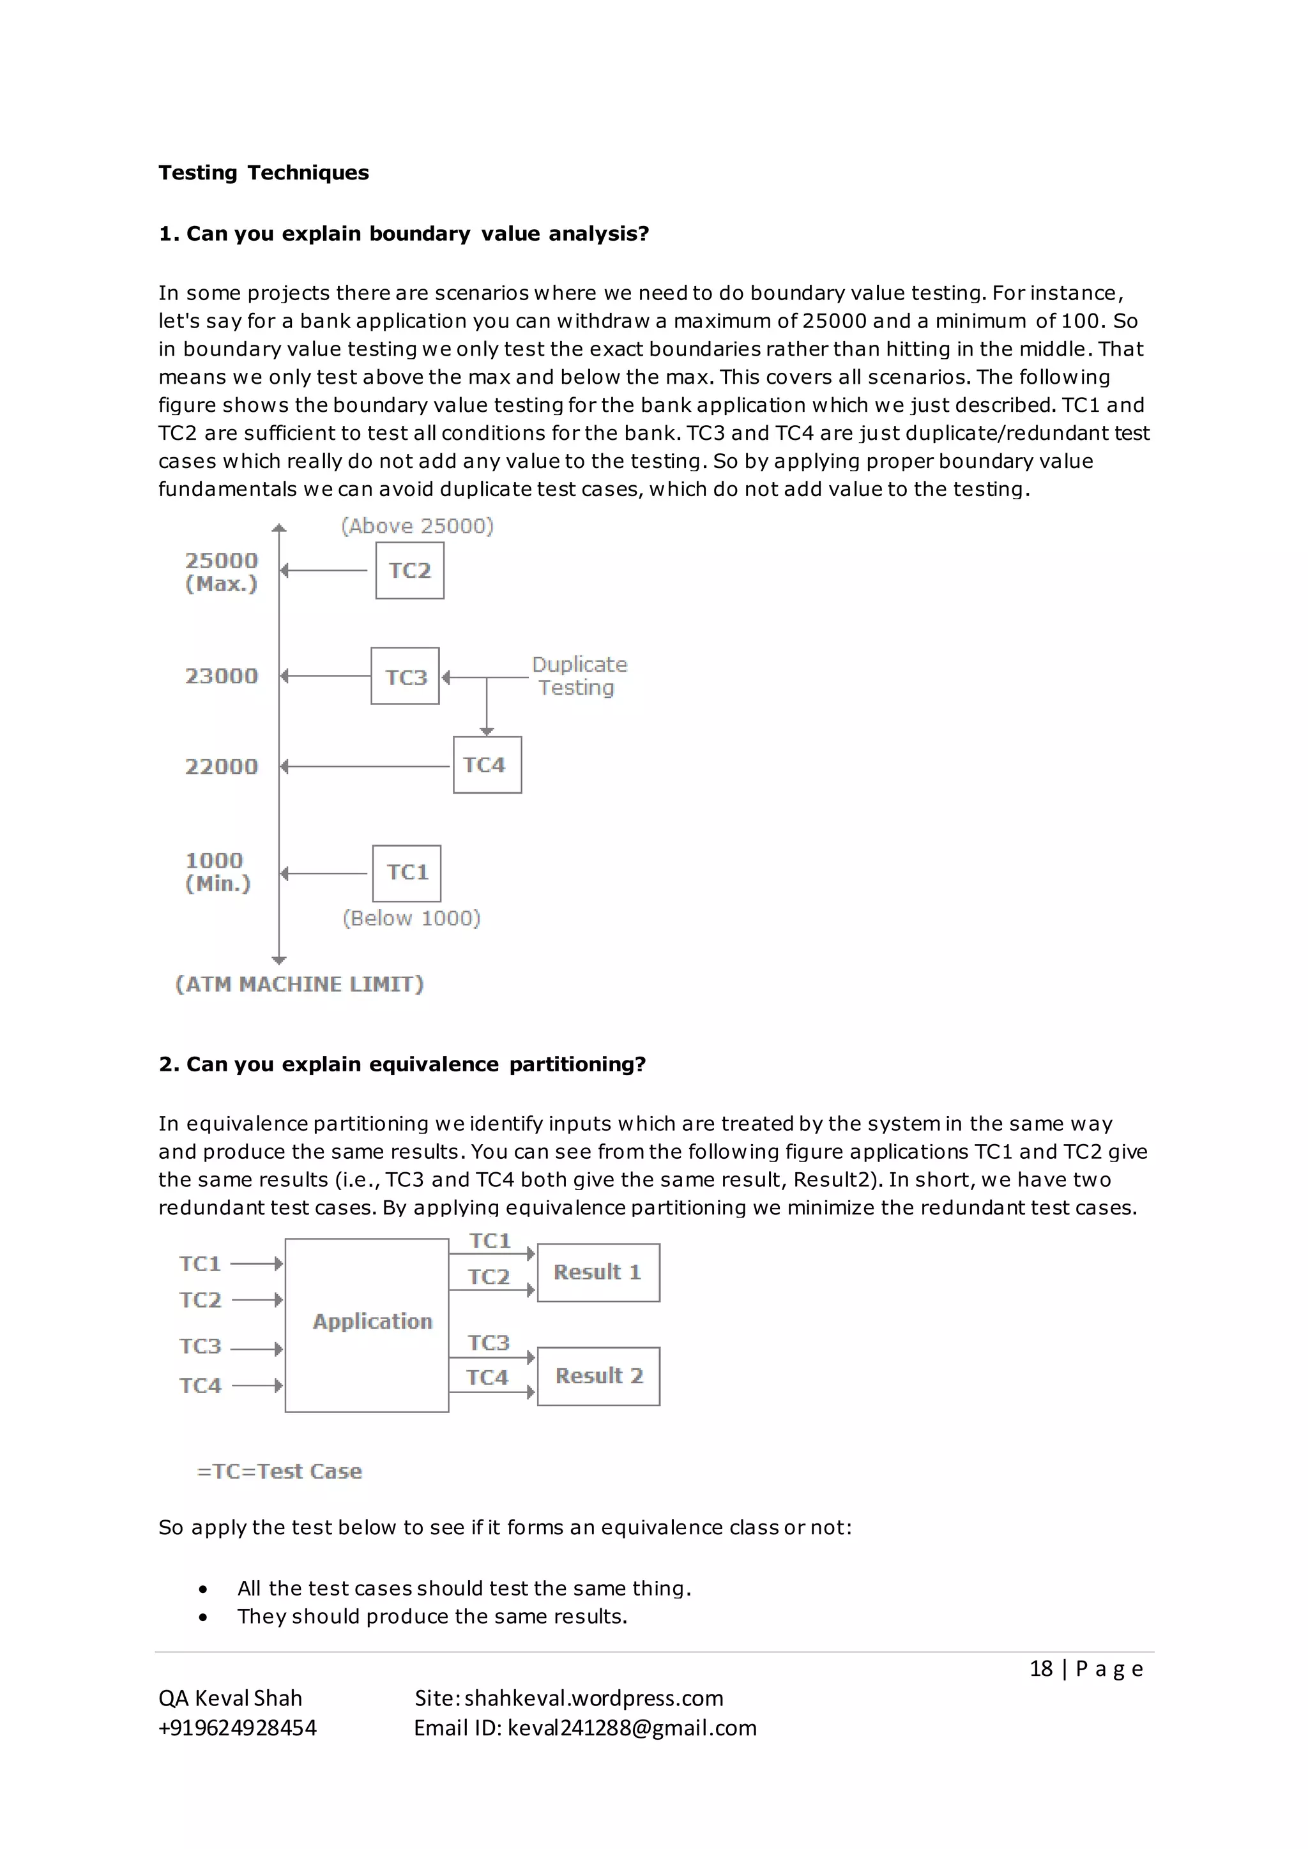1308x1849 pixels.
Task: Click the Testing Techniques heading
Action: click(263, 172)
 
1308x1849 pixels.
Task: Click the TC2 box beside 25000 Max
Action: click(409, 570)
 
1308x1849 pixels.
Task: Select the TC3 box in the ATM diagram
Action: click(405, 677)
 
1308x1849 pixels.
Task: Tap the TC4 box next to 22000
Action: click(487, 765)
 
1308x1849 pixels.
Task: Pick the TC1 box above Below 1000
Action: click(407, 873)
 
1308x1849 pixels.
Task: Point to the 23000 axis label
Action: click(222, 675)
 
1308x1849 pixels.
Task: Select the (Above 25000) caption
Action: click(417, 526)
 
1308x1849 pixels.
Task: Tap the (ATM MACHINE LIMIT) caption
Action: click(300, 984)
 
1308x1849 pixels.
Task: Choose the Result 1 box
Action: click(598, 1272)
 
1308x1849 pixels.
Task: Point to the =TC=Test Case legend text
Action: click(280, 1471)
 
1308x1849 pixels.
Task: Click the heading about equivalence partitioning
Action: click(402, 1064)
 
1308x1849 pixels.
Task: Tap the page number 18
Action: click(1040, 1668)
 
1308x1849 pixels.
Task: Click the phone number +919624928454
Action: click(238, 1728)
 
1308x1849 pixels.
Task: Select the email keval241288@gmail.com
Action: click(632, 1728)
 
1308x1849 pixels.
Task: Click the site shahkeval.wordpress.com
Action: click(593, 1698)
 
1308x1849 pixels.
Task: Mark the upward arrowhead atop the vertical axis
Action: click(280, 528)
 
